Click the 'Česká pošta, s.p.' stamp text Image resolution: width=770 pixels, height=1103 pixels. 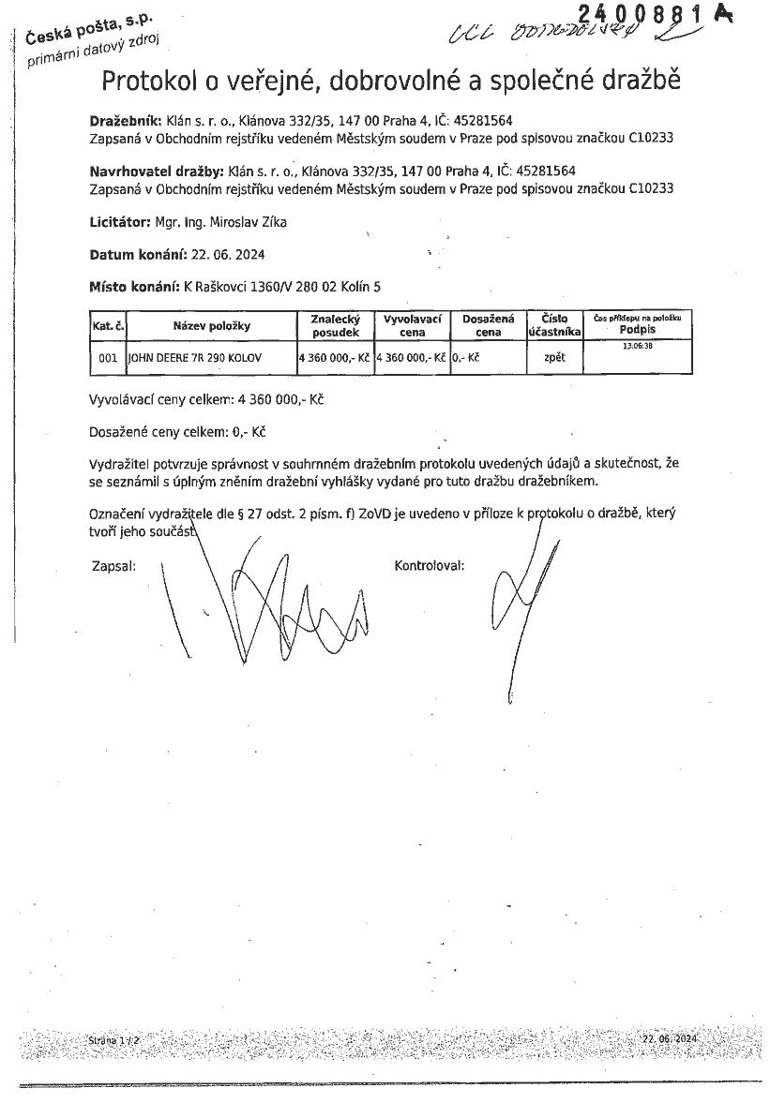point(90,26)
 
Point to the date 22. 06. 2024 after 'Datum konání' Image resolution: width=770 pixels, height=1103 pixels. point(228,254)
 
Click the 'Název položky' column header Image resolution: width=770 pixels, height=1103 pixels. point(212,325)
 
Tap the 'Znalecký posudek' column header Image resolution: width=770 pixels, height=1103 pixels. point(335,325)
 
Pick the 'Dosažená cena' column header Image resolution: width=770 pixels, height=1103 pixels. point(488,325)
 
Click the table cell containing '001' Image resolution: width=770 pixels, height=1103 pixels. point(108,358)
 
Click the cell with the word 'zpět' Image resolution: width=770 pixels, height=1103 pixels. point(554,358)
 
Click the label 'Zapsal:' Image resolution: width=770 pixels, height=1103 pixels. point(113,566)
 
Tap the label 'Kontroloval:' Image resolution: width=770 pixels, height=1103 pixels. point(430,566)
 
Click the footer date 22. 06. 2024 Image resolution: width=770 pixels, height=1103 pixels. point(671,1039)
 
